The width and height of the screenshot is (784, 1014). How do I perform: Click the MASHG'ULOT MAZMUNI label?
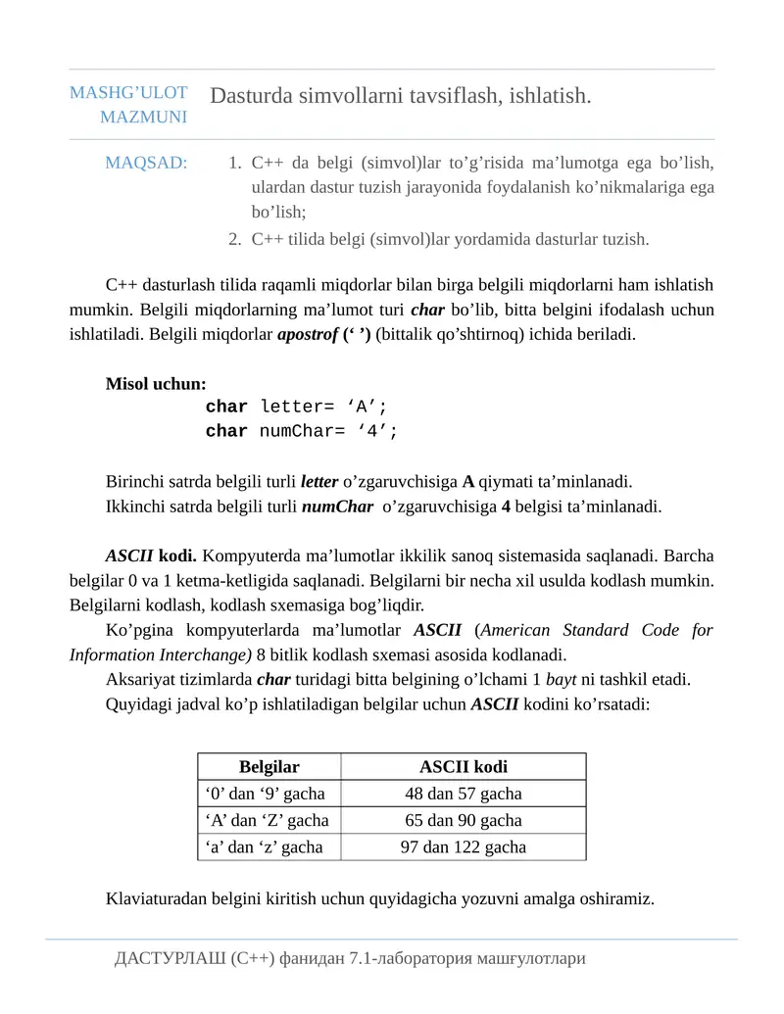128,105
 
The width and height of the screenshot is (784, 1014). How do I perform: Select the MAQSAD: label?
146,163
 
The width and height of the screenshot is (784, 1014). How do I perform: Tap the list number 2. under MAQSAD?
235,238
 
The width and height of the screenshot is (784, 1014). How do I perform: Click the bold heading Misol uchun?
156,384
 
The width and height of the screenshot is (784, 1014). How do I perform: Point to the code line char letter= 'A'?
296,407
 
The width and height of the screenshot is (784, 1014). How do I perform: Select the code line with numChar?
302,431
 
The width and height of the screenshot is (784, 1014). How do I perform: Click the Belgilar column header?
269,767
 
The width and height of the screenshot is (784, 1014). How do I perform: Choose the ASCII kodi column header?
463,767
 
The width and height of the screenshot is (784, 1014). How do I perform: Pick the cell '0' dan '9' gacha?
266,794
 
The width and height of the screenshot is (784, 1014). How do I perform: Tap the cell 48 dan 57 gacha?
463,794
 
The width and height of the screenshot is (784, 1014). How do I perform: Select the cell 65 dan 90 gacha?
463,820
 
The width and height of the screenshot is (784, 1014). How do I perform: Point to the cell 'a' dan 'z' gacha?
264,846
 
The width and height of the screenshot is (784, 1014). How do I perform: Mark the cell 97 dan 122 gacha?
463,846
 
